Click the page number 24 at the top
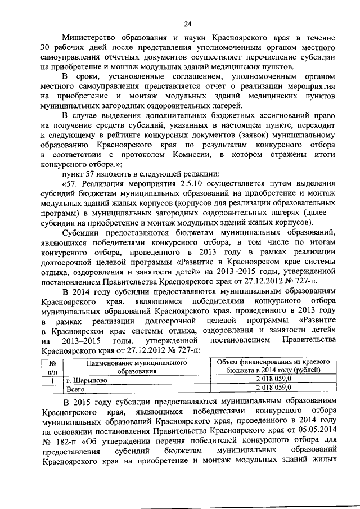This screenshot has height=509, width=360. [x=187, y=24]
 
